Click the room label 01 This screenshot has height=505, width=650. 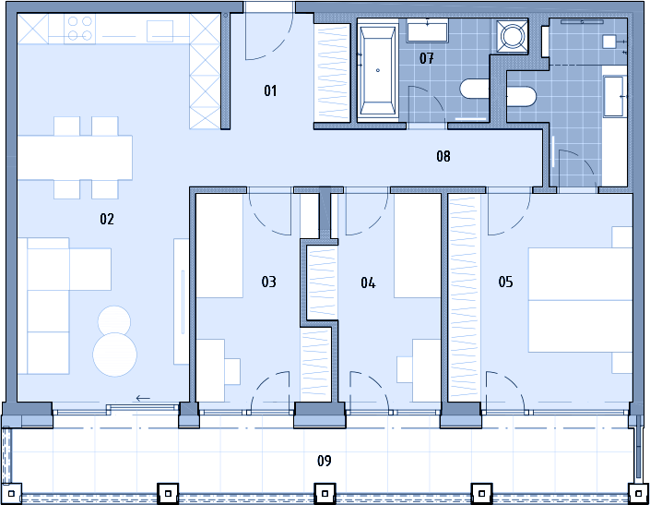point(270,90)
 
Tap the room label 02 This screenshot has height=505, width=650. point(107,219)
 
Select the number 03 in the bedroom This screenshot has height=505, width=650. point(268,282)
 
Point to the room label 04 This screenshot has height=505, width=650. point(368,283)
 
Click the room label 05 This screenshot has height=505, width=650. point(506,282)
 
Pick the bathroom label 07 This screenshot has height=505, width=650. point(427,58)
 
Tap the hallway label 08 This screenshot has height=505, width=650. point(443,156)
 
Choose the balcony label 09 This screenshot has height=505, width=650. point(325,461)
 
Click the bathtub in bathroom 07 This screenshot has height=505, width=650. point(377,70)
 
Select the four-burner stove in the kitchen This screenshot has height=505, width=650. point(79,29)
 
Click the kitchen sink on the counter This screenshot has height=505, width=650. point(160,31)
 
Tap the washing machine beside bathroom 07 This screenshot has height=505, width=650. point(513,36)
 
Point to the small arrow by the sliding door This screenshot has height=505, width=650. point(143,398)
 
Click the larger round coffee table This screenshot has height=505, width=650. point(115,355)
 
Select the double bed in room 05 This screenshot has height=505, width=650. point(580,300)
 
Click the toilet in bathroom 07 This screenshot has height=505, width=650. point(475,89)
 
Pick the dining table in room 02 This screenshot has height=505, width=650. point(75,158)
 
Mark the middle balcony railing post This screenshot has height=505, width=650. point(325,494)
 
